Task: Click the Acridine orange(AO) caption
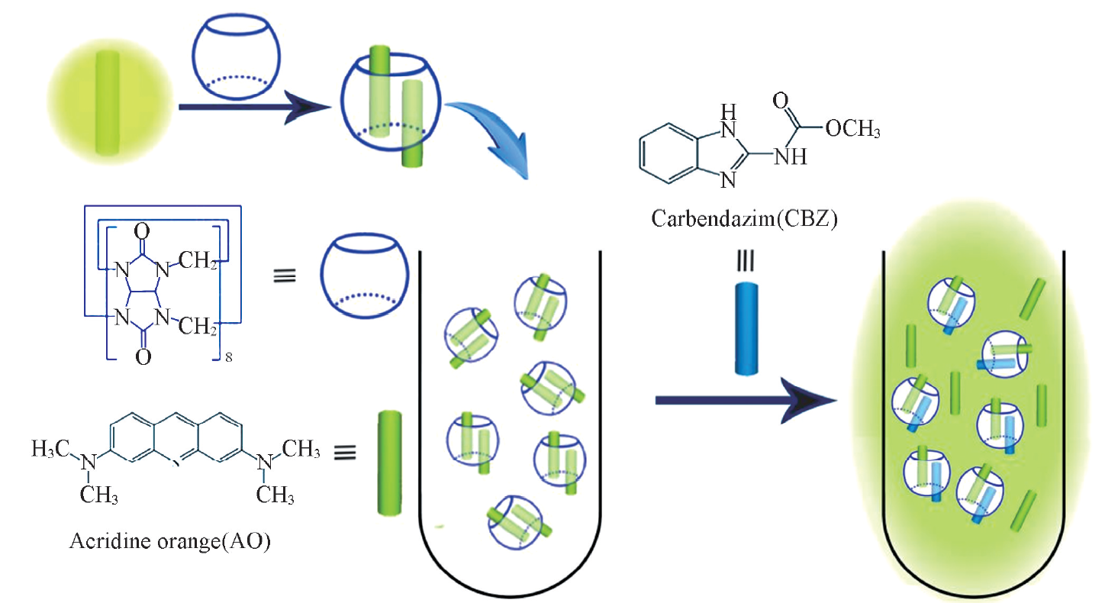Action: [169, 543]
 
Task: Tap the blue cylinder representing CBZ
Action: [748, 329]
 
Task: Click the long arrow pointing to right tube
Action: [744, 400]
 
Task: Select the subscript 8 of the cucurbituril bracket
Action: [228, 356]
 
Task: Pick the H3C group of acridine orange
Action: [50, 450]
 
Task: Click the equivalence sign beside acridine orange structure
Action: [345, 452]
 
